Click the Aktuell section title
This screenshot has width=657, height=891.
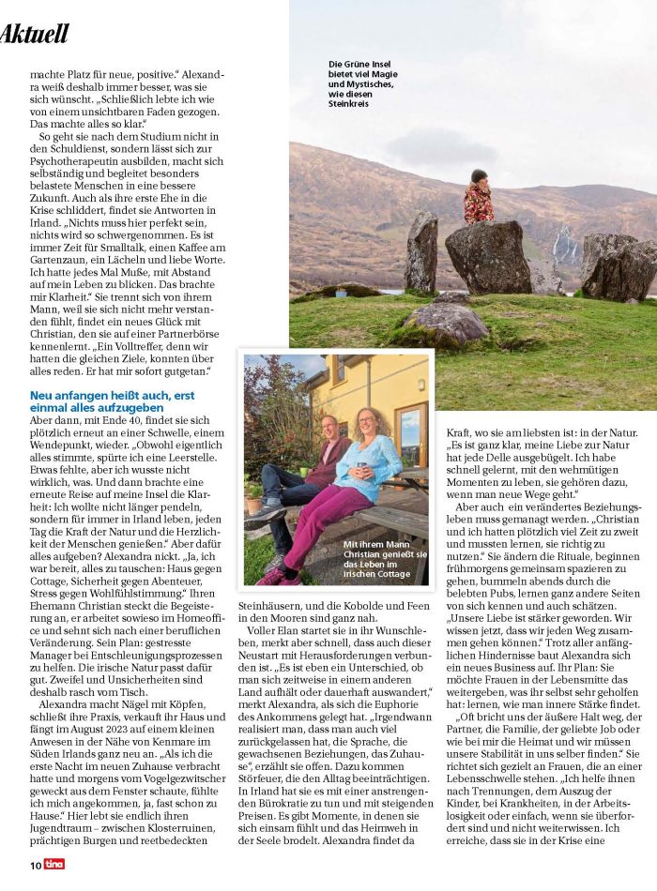35,35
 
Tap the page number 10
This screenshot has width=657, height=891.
35,865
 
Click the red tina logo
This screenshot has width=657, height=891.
54,865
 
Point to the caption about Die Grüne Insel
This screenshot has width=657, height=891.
361,83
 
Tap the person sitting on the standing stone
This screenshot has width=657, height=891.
479,198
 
